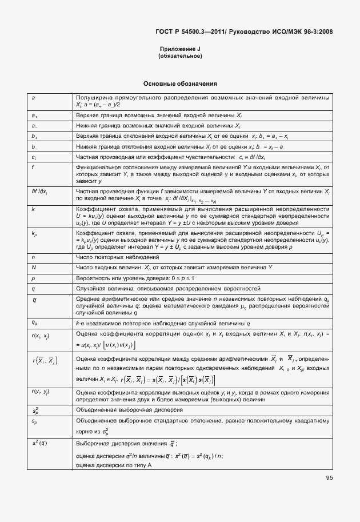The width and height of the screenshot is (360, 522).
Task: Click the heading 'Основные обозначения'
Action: [180, 83]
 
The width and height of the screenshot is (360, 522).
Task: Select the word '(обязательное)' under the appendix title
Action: [180, 56]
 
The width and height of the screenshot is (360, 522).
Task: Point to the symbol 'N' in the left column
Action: [34, 267]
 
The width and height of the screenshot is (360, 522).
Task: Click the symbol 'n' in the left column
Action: [33, 257]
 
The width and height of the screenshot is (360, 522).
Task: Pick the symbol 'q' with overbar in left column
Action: [34, 299]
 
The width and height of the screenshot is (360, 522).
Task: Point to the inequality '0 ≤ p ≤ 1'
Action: [166, 278]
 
